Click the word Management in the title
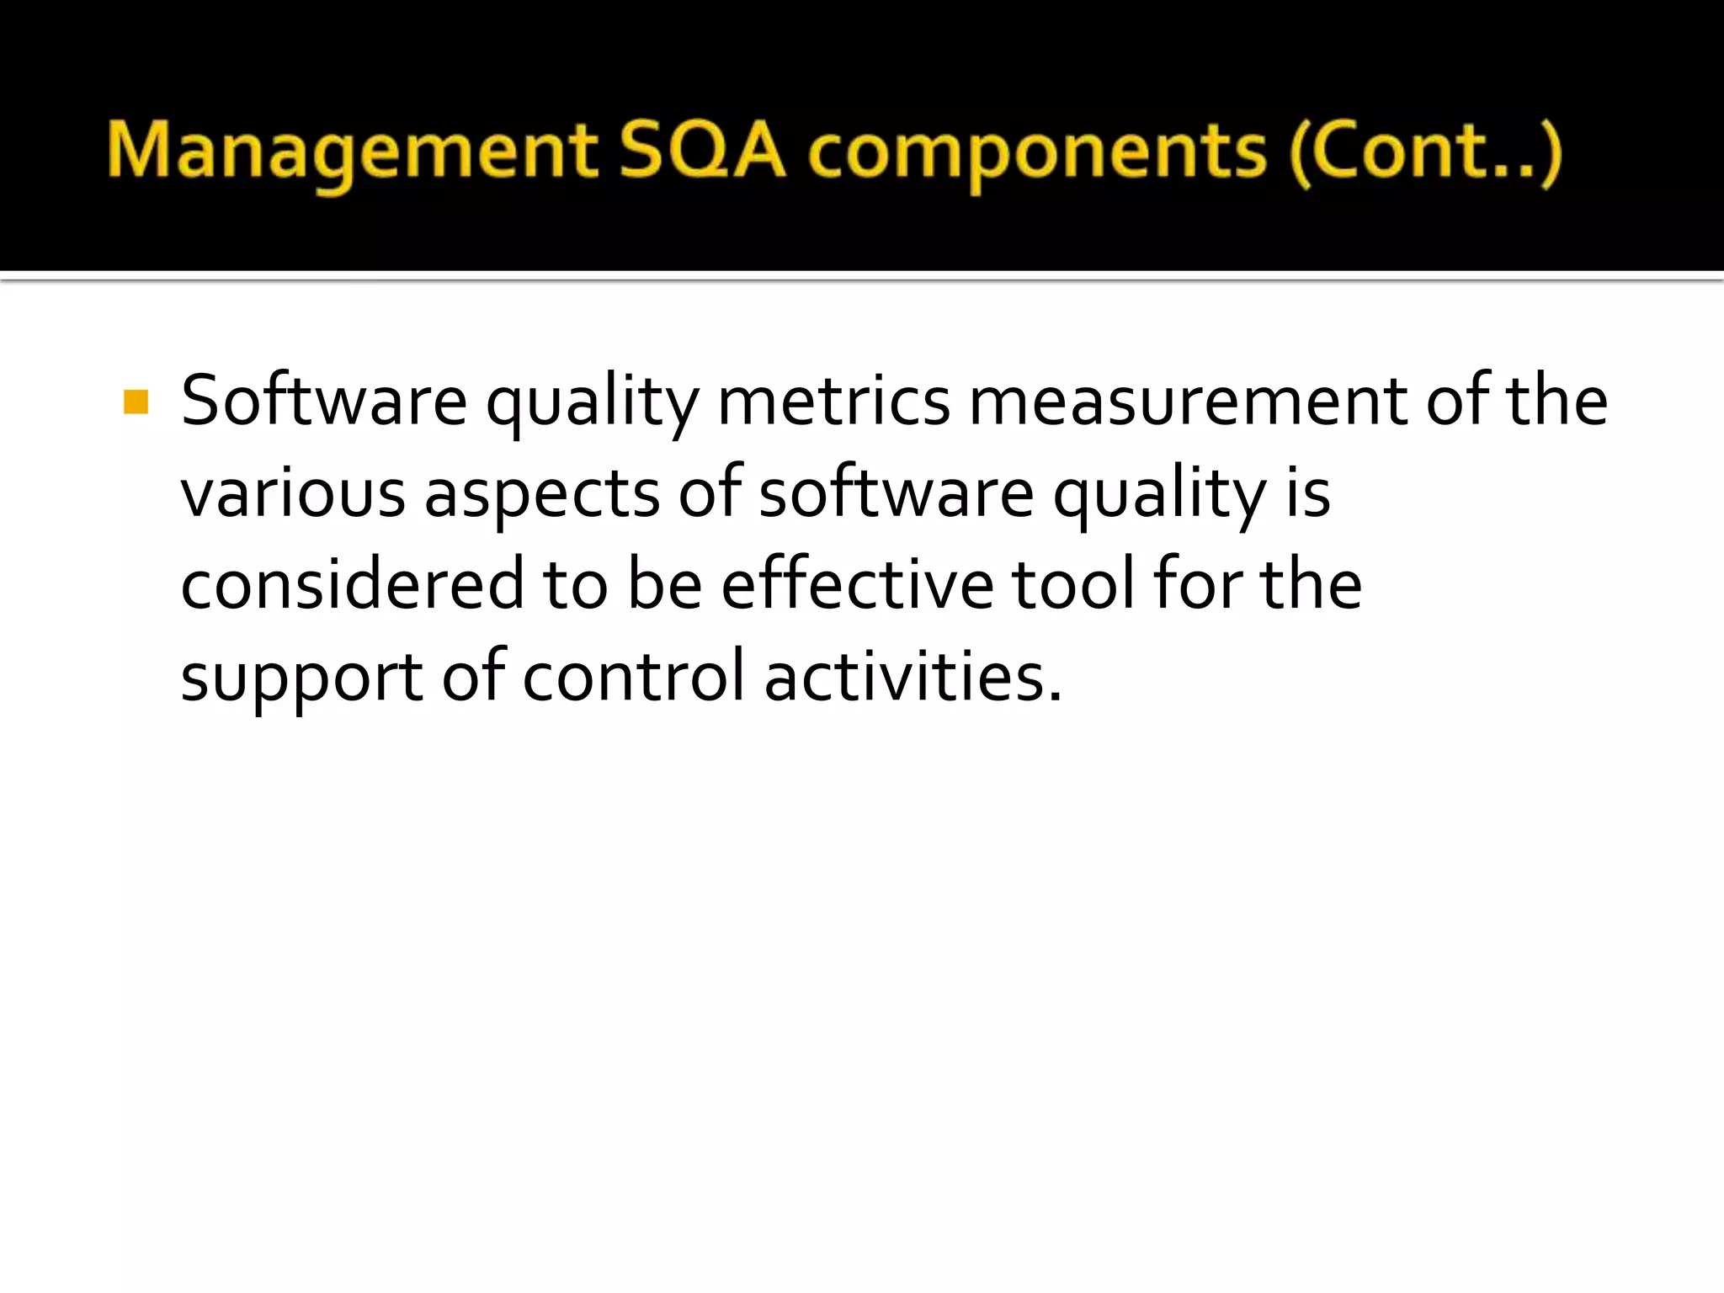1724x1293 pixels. [352, 153]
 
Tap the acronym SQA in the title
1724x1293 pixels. [702, 152]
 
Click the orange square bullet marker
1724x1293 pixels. [136, 402]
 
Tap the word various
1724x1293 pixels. [293, 493]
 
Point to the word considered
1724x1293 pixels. [352, 584]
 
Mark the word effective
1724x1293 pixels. [857, 584]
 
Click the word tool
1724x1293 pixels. [1072, 584]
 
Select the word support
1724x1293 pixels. [301, 678]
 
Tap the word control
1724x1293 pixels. [633, 677]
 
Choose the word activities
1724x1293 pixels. [913, 677]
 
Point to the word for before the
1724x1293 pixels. [1197, 584]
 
